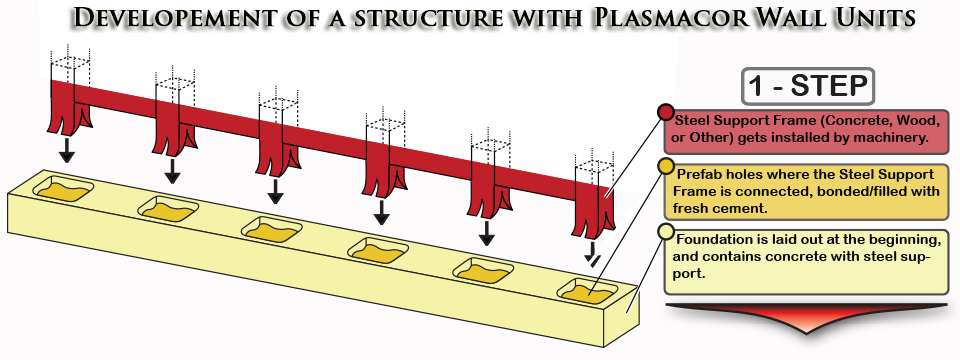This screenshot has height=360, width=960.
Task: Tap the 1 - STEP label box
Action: (x=808, y=86)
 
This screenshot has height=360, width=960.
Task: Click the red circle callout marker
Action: (x=666, y=113)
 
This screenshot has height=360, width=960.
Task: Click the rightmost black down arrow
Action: (x=592, y=253)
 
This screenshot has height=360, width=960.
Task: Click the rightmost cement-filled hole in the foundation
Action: (x=587, y=291)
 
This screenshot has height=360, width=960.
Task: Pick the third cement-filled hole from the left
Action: (x=272, y=229)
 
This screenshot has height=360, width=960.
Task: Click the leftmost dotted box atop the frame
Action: (x=70, y=63)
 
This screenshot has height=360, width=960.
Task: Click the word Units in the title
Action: (x=877, y=17)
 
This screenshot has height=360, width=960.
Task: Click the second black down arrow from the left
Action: (x=173, y=171)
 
